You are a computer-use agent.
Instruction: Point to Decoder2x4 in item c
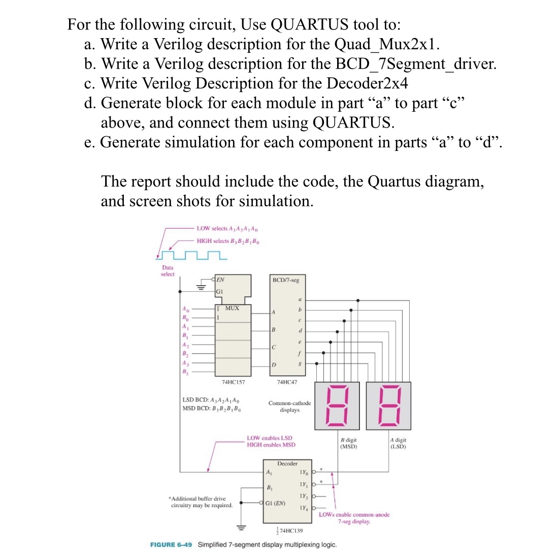tap(367, 83)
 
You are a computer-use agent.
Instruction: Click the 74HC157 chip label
tap(233, 382)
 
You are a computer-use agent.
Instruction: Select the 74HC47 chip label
tap(287, 382)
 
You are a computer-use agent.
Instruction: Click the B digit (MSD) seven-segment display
tap(337, 406)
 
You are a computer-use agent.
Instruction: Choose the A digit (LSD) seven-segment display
tap(388, 406)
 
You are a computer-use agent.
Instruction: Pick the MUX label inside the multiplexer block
tap(232, 308)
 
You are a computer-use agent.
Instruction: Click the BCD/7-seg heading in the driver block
tap(286, 280)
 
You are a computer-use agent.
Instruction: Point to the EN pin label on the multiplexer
tap(221, 279)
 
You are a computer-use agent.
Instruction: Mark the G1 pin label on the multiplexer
tap(219, 292)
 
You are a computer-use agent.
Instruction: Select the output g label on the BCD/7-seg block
tap(300, 363)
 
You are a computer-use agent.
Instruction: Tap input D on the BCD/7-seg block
tap(274, 365)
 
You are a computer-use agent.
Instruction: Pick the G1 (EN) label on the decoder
tap(275, 504)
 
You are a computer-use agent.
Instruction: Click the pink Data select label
tap(168, 271)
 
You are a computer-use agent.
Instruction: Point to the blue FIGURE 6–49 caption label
tap(171, 545)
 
